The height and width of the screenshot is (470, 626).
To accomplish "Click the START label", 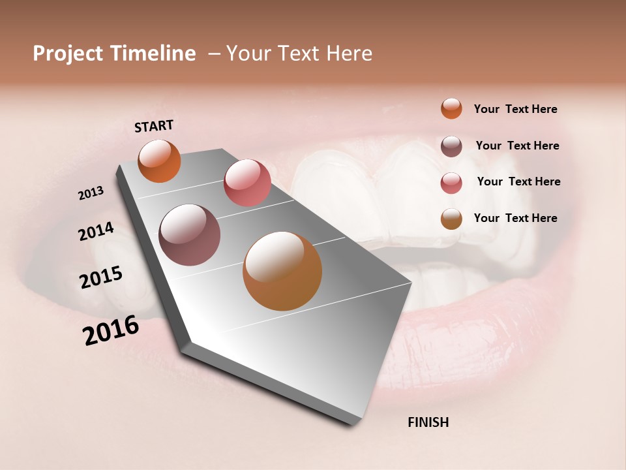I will tap(154, 126).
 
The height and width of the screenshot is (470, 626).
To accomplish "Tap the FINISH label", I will tap(428, 422).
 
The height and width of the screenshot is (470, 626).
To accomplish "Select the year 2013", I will tap(91, 193).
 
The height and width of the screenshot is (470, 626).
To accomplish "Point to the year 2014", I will tap(96, 232).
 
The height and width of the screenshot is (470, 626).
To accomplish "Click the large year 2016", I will tap(111, 330).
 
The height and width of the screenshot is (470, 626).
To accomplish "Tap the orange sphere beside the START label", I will tap(159, 161).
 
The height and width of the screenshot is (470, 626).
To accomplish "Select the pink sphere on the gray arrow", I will tap(247, 183).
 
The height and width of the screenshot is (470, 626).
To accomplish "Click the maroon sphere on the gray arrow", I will tap(190, 235).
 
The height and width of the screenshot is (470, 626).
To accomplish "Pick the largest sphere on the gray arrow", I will tap(282, 271).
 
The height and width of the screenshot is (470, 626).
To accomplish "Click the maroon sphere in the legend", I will tap(451, 146).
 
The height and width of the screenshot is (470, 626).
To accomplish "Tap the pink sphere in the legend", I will tap(451, 183).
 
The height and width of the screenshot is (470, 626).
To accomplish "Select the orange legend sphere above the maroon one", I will tap(451, 108).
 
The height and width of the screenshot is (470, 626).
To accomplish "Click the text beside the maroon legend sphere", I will tap(517, 146).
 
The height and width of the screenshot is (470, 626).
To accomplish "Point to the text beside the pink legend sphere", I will tap(518, 181).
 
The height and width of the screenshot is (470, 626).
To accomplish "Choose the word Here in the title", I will tap(349, 54).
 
